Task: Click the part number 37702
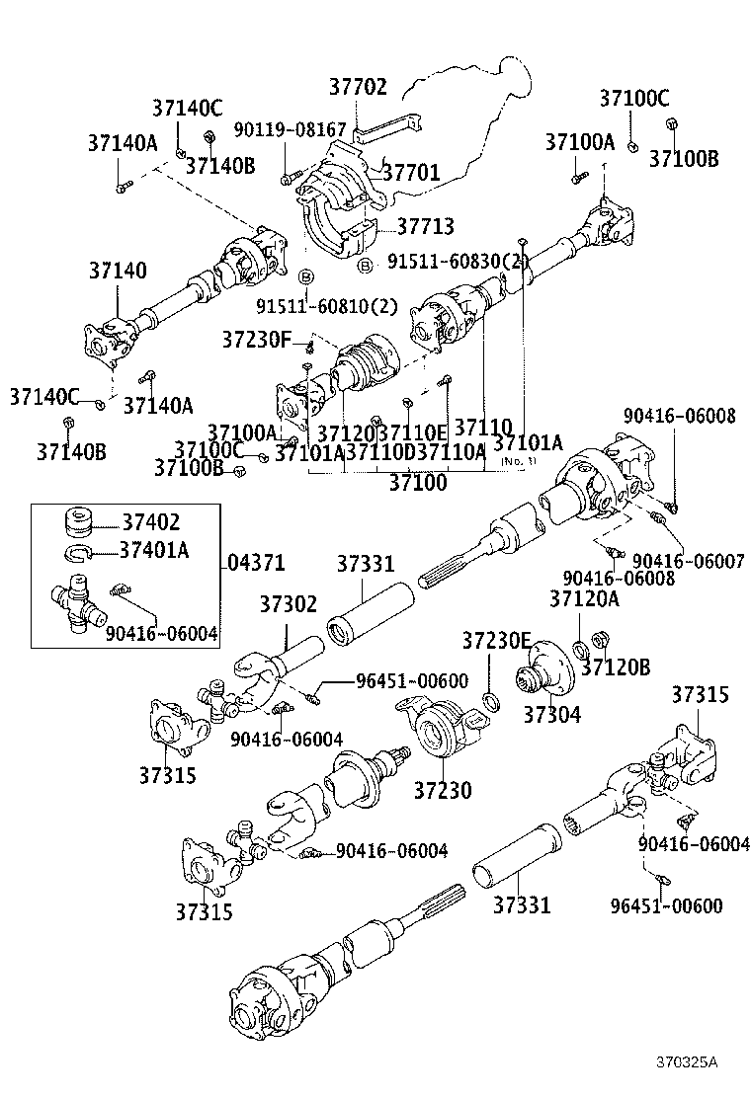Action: coord(358,88)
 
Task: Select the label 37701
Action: coord(410,174)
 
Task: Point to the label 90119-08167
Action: coord(290,129)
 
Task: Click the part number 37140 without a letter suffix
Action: coord(118,270)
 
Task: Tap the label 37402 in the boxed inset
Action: coord(151,521)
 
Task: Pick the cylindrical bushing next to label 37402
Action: coord(78,520)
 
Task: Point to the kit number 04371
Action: coord(255,563)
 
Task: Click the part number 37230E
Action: coord(496,640)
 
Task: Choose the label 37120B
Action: coord(615,667)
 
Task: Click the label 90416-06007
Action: coord(688,560)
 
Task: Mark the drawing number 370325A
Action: coord(688,1062)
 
